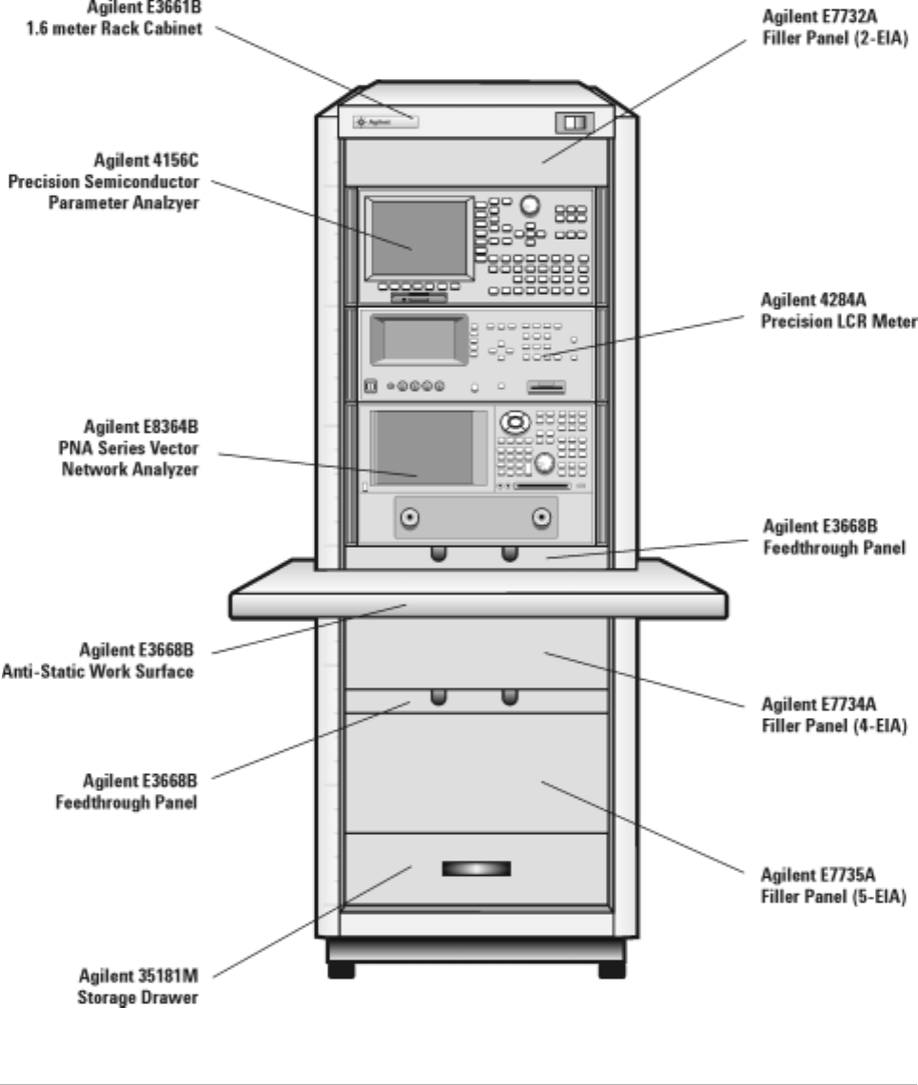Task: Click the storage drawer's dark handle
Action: (x=476, y=868)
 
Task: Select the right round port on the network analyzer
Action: (x=541, y=518)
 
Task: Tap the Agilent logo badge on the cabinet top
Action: (x=385, y=122)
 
